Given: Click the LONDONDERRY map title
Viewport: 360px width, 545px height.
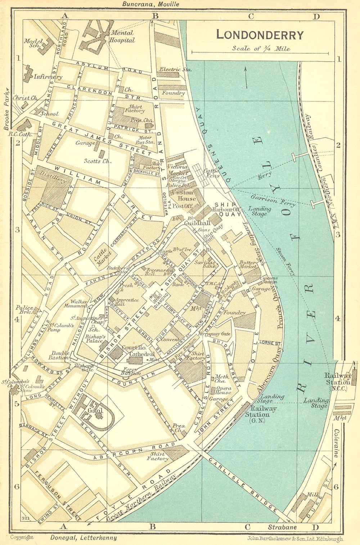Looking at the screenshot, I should [260, 35].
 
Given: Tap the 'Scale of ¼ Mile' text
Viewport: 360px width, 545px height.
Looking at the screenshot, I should [261, 48].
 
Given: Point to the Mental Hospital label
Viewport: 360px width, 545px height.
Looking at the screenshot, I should [122, 36].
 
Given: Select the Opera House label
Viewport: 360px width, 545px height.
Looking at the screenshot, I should [223, 391].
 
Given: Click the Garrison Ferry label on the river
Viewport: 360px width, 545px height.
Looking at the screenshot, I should [273, 201].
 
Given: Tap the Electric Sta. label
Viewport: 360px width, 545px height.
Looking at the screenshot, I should [175, 69].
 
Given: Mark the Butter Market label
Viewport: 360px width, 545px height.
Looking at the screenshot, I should [248, 265].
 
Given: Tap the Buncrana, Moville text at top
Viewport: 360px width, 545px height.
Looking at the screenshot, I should [150, 4].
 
